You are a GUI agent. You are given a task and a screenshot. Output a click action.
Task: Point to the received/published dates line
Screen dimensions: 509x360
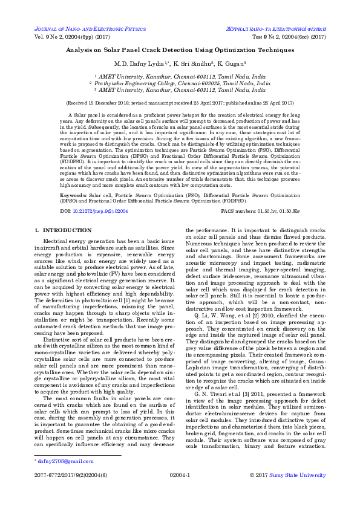pyautogui.click(x=180, y=103)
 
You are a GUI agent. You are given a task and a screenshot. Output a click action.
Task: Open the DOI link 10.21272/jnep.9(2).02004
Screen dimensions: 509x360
pyautogui.click(x=100, y=195)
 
